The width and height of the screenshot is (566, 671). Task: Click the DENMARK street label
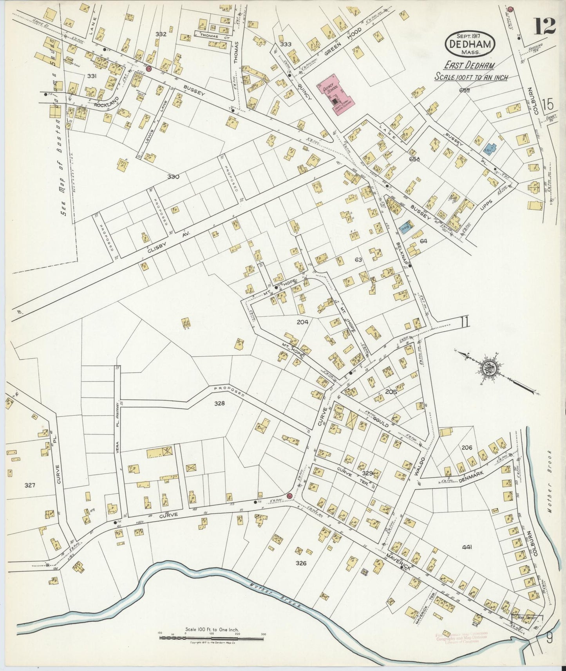tap(472, 474)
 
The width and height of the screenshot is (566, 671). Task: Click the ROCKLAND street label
tap(103, 105)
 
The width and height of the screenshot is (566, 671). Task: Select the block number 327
tap(30, 485)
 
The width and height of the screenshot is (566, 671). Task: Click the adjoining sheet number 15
tap(548, 104)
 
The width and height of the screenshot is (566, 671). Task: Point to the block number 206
tap(467, 447)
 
